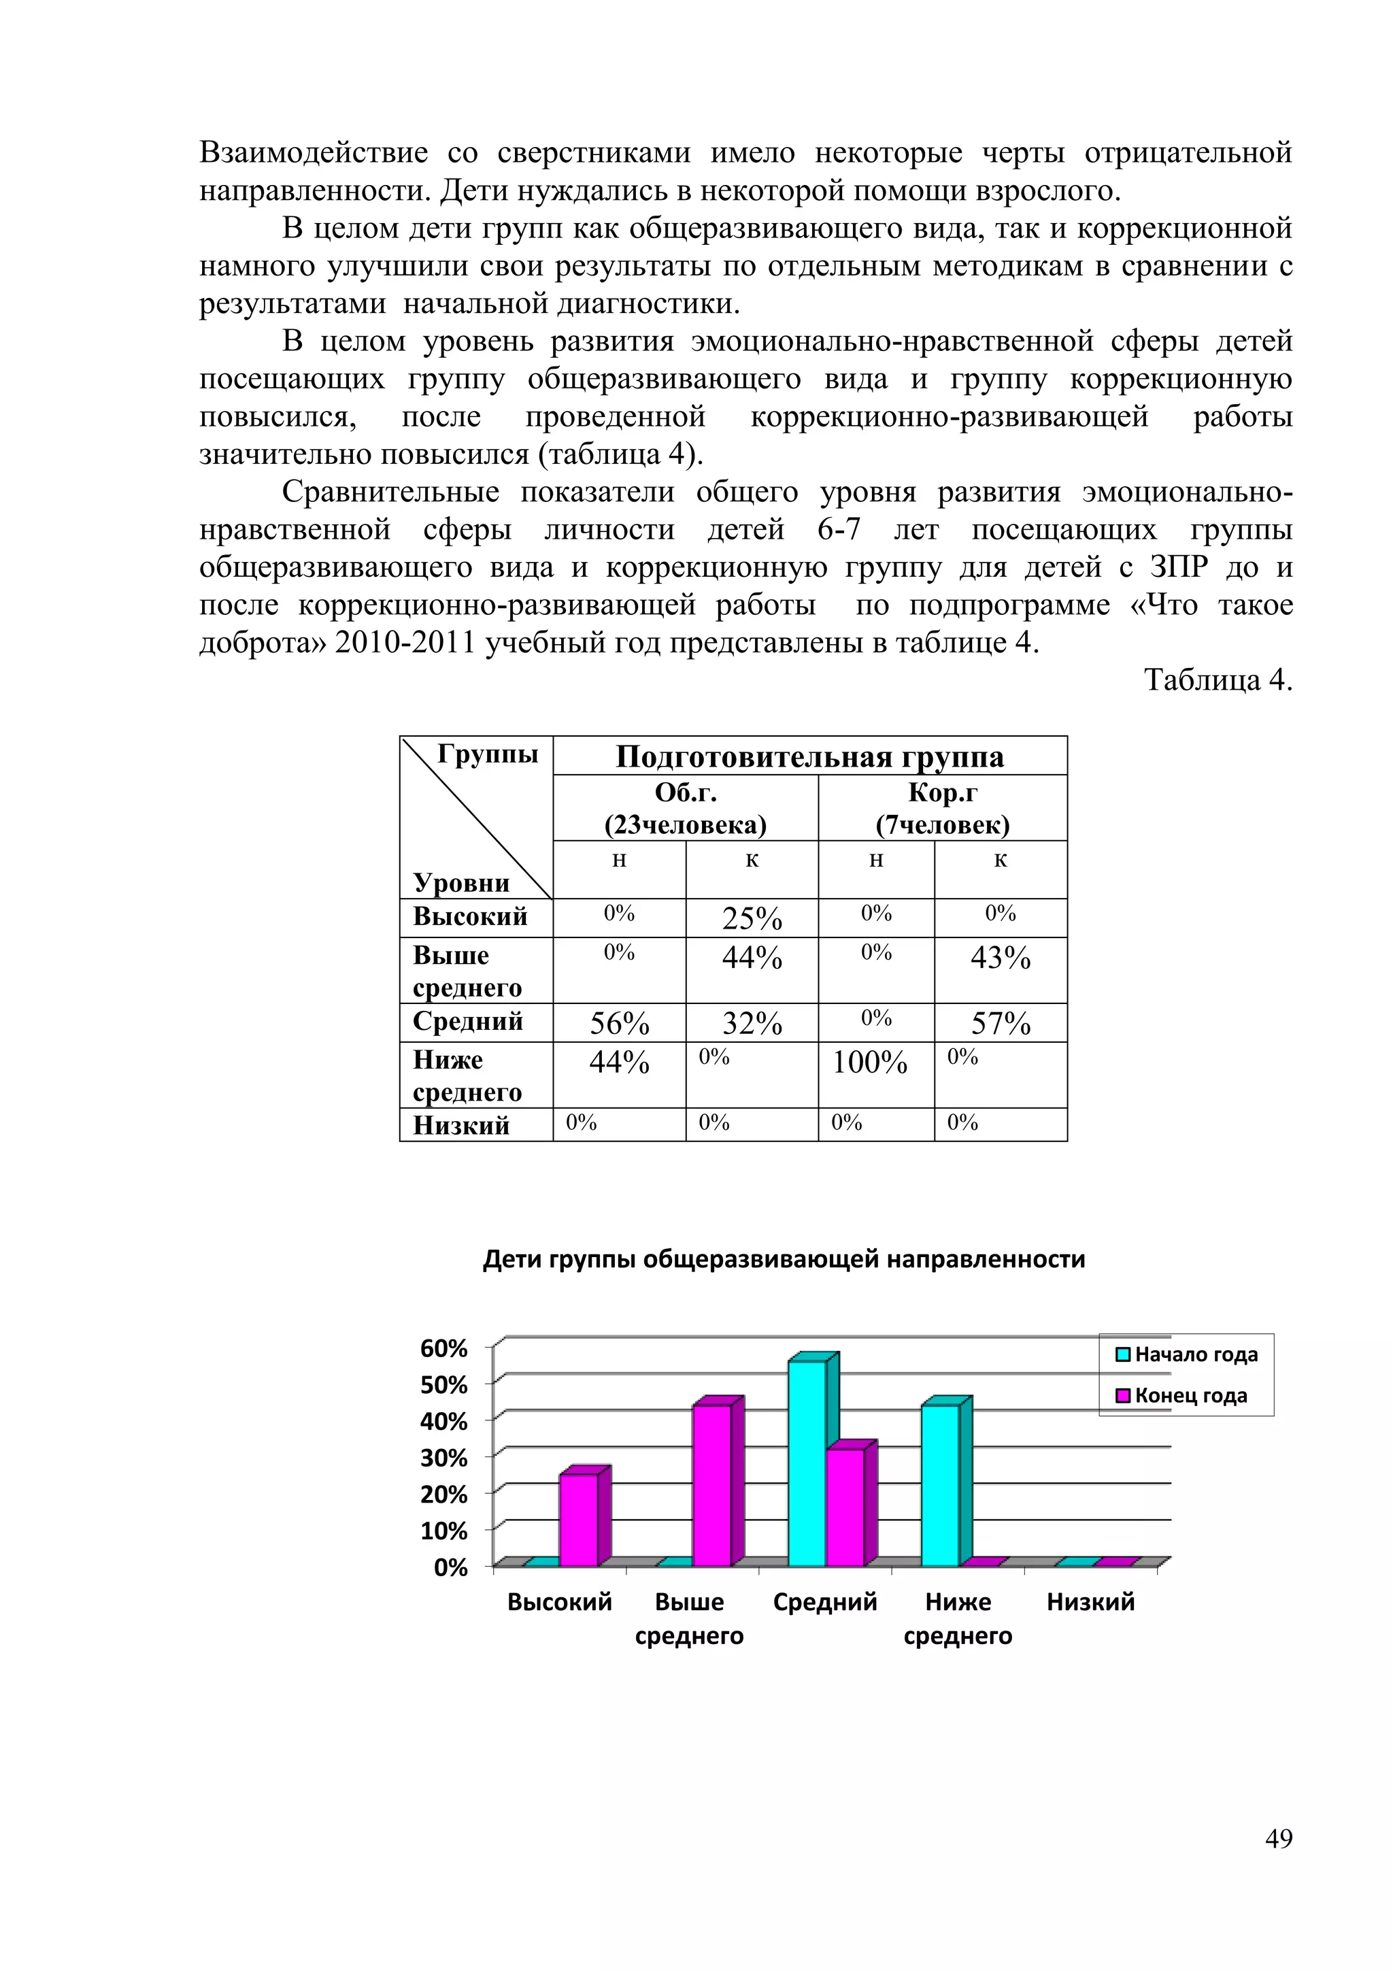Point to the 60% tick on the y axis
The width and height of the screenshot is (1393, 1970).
click(443, 1349)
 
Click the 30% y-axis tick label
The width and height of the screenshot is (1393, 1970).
click(443, 1458)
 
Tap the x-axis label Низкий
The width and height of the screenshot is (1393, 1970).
click(1090, 1602)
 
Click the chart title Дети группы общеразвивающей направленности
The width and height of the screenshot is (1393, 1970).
click(784, 1258)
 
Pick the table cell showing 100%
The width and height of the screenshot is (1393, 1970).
click(870, 1063)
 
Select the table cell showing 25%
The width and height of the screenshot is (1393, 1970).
click(752, 919)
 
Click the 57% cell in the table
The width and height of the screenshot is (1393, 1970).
click(1000, 1024)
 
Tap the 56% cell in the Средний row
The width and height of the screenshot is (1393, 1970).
click(620, 1024)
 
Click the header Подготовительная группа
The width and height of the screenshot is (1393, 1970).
click(809, 756)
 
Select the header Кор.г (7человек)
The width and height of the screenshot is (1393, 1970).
click(943, 808)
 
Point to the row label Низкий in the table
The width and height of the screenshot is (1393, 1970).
click(461, 1125)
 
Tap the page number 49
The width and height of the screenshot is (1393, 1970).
click(1278, 1839)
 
